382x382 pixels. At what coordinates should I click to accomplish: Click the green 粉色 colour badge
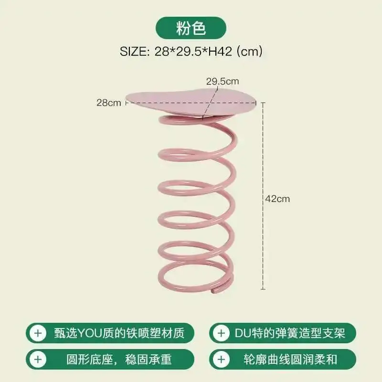[x=191, y=29]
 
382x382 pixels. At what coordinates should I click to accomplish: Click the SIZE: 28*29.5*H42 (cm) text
[x=191, y=51]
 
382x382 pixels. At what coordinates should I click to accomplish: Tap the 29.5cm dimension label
[x=222, y=81]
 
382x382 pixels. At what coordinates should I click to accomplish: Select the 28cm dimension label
[x=108, y=102]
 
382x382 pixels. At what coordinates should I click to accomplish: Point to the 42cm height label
[x=277, y=199]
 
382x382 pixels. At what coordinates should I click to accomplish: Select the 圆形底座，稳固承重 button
[x=111, y=359]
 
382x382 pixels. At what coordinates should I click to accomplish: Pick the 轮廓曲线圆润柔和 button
[x=283, y=359]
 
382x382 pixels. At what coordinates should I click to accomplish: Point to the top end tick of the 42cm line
[x=262, y=102]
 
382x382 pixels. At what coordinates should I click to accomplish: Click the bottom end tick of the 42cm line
[x=262, y=289]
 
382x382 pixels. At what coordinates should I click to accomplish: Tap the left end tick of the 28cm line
[x=127, y=102]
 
